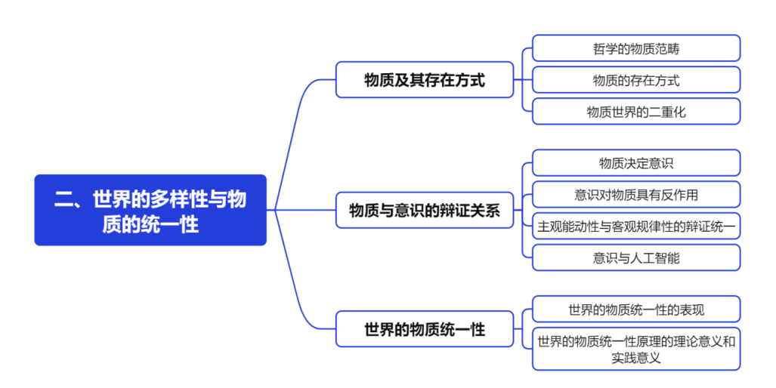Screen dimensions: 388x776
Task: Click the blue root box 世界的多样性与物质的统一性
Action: tap(150, 210)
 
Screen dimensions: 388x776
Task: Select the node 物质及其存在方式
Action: tap(425, 79)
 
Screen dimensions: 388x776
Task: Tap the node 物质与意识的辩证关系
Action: tap(425, 210)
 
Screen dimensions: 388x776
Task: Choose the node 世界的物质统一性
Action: tap(425, 329)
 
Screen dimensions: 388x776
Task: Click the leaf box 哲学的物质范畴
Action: tap(636, 48)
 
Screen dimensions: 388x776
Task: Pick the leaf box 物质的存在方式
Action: tap(636, 80)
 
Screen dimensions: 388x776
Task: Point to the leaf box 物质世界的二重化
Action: tap(636, 112)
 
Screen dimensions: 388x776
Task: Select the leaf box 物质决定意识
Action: tap(636, 163)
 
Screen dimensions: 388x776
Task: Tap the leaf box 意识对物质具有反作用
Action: tap(636, 195)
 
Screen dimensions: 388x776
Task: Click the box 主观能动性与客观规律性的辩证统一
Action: tap(636, 226)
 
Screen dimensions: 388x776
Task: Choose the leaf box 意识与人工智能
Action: tap(636, 257)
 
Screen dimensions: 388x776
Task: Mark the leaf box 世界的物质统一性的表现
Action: tap(636, 309)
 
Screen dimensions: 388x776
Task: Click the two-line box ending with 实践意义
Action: tap(636, 349)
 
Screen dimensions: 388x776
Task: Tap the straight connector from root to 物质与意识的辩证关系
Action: tap(302, 210)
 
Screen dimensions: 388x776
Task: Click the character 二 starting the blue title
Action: tap(63, 199)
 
